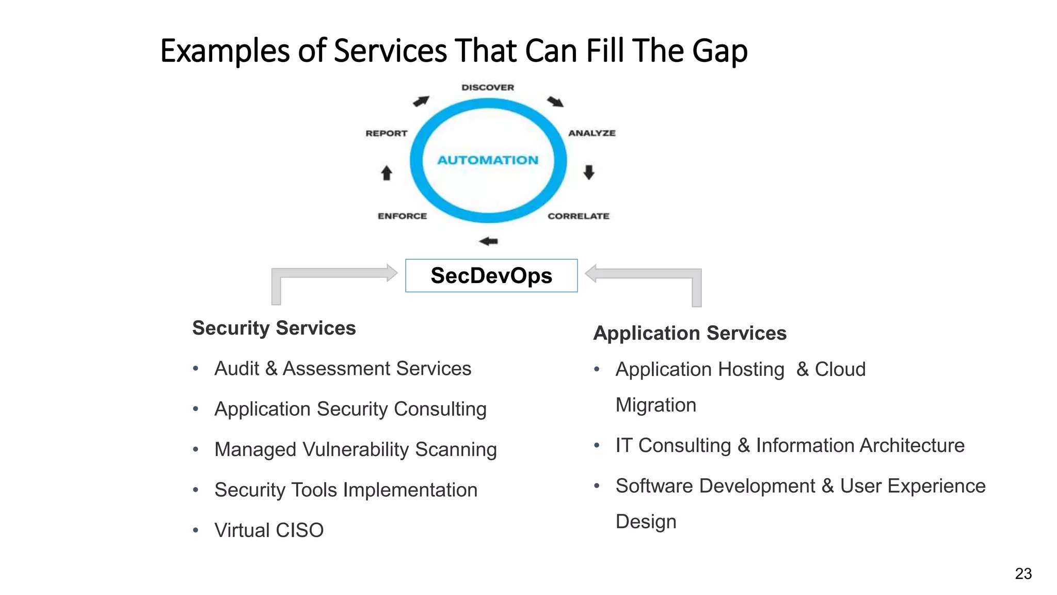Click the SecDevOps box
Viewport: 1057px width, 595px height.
(x=491, y=276)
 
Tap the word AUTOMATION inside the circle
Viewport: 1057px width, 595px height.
(x=488, y=160)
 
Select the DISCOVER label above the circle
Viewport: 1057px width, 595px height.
(x=488, y=87)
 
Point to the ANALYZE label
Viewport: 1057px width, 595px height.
(x=592, y=133)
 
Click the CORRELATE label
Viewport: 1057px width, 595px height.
(x=579, y=216)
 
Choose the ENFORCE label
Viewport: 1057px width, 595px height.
(x=402, y=216)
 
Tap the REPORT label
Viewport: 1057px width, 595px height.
(x=387, y=133)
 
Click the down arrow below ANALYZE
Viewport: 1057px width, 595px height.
(x=589, y=172)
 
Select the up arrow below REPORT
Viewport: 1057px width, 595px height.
(x=387, y=173)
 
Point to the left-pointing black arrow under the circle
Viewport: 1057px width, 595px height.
(x=488, y=241)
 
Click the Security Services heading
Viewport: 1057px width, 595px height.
(x=274, y=328)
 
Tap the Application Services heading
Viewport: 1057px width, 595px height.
(x=690, y=333)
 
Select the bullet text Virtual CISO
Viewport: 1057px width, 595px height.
(x=269, y=530)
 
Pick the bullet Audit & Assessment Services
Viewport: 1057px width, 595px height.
(x=343, y=369)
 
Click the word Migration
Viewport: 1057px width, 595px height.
(x=656, y=405)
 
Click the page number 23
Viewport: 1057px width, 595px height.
(x=1023, y=574)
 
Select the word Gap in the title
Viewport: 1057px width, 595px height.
(x=719, y=52)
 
